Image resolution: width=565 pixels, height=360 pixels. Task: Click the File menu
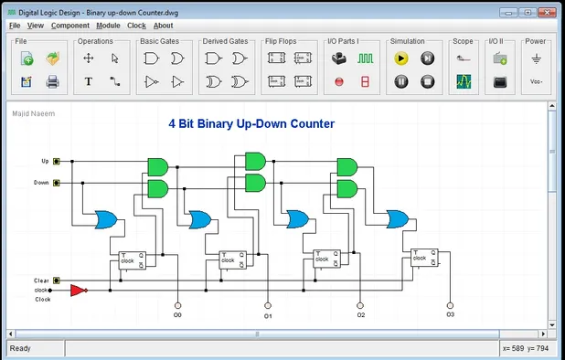15,26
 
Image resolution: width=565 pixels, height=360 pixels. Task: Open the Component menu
70,26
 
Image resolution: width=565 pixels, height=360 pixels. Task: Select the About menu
163,26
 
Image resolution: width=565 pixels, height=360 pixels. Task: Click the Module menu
108,26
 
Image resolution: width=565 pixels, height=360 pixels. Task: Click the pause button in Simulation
400,81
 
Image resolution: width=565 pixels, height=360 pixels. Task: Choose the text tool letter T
89,81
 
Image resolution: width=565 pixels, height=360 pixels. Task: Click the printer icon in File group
52,81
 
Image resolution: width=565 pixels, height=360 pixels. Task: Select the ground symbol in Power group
537,58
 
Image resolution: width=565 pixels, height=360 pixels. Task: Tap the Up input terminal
57,161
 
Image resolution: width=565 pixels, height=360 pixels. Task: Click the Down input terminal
57,183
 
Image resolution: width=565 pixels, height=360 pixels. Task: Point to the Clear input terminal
57,281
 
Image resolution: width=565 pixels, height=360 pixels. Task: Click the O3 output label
450,314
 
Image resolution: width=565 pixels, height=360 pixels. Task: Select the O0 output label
177,315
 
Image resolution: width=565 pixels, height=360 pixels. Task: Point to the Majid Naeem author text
28,114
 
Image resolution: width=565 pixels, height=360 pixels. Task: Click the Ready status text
20,348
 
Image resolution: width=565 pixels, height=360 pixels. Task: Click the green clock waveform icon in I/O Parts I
366,58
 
